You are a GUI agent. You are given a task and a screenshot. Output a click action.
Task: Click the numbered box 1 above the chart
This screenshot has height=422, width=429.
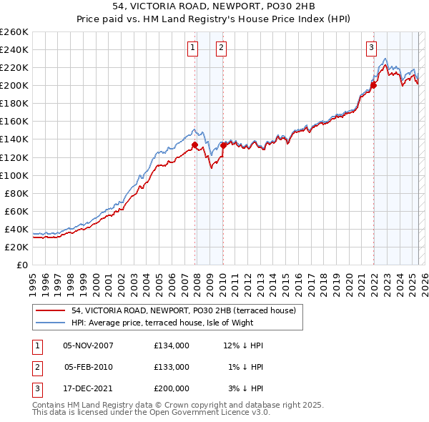[193, 48]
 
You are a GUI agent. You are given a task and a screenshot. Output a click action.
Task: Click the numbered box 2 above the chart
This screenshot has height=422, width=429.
[222, 48]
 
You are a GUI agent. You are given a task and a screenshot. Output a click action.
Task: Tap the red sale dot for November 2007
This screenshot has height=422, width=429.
[194, 144]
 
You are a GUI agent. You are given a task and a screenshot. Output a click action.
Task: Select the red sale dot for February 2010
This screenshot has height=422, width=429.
[223, 145]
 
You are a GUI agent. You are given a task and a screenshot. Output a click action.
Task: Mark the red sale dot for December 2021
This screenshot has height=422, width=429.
[373, 85]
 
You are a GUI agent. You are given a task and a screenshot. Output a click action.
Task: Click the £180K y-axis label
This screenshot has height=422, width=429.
[14, 103]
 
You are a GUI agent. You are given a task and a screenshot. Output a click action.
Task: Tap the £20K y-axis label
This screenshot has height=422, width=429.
[16, 247]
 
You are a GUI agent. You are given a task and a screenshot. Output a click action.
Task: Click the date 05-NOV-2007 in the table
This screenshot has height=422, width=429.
[89, 345]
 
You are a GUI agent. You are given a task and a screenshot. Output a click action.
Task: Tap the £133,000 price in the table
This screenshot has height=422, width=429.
[172, 367]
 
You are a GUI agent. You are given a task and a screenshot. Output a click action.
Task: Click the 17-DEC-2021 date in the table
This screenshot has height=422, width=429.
[89, 388]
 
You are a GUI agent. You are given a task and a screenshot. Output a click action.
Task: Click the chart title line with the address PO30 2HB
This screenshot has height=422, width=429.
[214, 9]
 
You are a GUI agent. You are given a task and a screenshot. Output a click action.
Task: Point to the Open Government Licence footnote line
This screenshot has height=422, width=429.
[151, 413]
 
